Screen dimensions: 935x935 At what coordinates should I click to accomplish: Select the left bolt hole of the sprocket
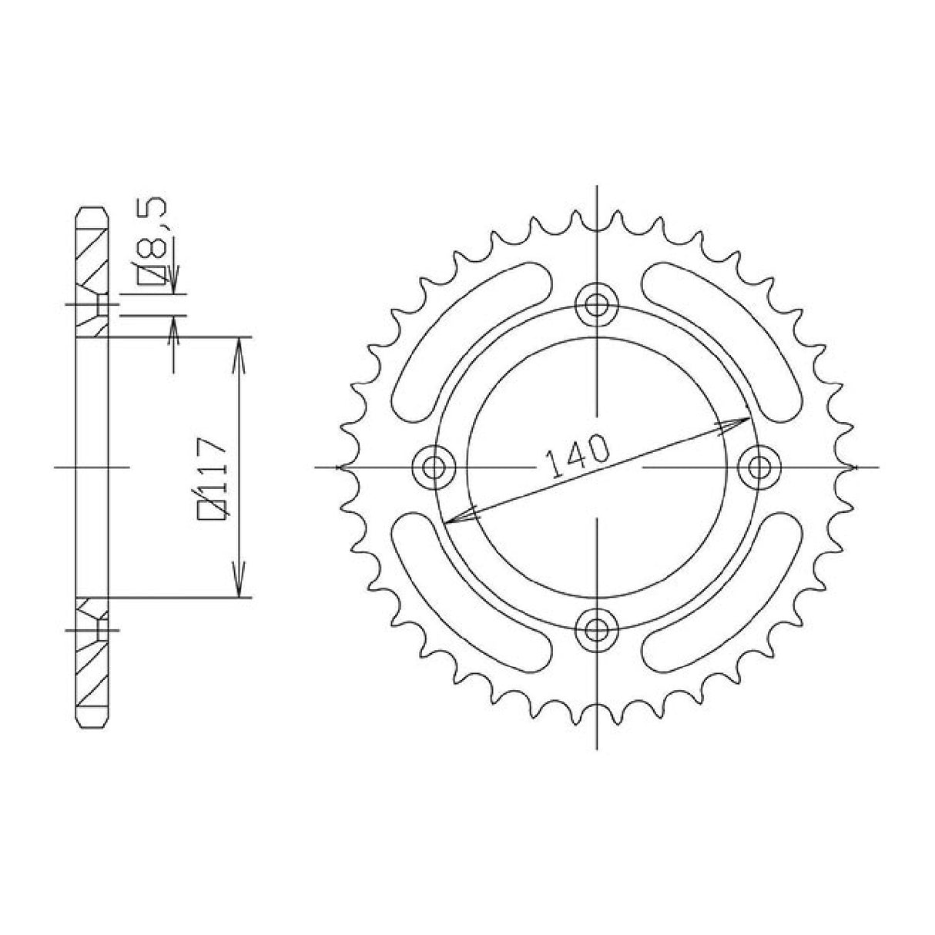click(434, 467)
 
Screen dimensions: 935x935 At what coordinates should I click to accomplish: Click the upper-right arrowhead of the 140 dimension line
click(739, 422)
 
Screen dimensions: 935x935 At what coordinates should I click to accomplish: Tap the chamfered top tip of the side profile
click(92, 210)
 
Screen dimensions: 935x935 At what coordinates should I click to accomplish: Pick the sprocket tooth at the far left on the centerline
click(344, 467)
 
